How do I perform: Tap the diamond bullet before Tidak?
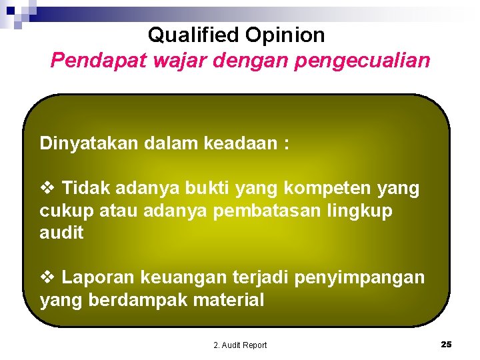[x=47, y=189]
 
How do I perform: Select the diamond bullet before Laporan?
[x=47, y=277]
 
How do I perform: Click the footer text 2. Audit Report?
[x=240, y=345]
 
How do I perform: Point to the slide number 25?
[x=446, y=344]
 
